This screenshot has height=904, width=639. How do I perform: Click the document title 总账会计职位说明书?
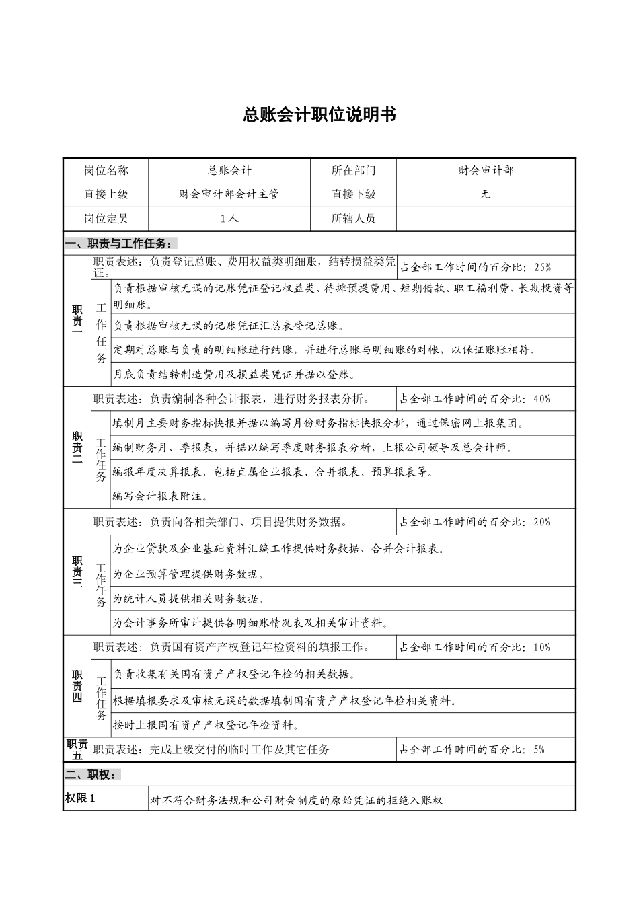(319, 115)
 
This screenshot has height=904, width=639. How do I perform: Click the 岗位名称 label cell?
(106, 171)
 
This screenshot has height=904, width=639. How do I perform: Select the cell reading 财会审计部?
(486, 171)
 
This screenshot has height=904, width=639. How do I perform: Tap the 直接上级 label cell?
(106, 194)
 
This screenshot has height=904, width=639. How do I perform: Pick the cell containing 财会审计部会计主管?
(229, 194)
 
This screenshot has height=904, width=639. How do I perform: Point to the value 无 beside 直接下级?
(486, 194)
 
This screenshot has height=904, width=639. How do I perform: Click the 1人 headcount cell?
(229, 219)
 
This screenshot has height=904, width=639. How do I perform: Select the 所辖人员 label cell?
(353, 219)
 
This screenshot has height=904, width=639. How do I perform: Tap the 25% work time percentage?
(542, 267)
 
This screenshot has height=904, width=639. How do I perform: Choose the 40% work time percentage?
(541, 399)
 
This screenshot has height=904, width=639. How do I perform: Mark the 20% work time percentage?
(541, 521)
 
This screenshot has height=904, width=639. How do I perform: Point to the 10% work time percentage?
(541, 647)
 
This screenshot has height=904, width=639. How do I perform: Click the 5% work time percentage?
(538, 749)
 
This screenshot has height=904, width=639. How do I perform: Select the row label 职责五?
(77, 749)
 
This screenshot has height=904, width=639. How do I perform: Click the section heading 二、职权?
(92, 774)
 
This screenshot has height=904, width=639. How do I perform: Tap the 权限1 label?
(80, 799)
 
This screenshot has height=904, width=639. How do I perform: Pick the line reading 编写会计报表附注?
(160, 496)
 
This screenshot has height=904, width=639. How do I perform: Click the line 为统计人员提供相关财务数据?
(188, 599)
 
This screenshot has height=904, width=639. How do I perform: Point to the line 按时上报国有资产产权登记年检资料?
(206, 725)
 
